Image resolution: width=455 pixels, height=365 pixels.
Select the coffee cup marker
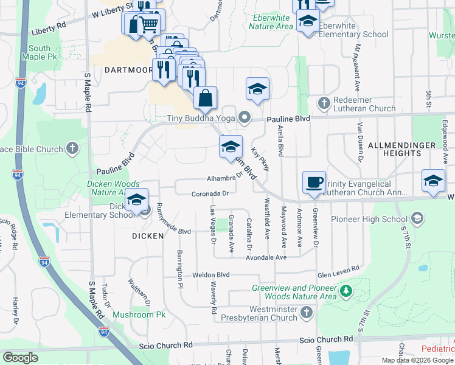tap(314, 182)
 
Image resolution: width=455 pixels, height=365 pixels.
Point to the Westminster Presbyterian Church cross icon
tap(307, 312)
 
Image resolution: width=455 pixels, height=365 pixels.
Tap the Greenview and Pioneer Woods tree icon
tap(346, 291)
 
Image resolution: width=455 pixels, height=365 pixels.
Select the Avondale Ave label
tap(266, 257)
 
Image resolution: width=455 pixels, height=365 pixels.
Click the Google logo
tap(20, 358)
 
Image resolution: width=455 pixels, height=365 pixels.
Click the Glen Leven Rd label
tap(339, 268)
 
